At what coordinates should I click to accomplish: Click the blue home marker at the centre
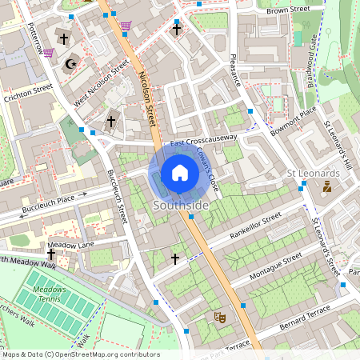tap(180, 173)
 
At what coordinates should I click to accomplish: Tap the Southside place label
tap(180, 206)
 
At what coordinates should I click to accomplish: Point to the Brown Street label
tap(288, 10)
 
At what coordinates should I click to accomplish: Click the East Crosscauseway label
tap(205, 140)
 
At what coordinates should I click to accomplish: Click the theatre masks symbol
tap(218, 317)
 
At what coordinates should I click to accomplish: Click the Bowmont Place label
tap(293, 118)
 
